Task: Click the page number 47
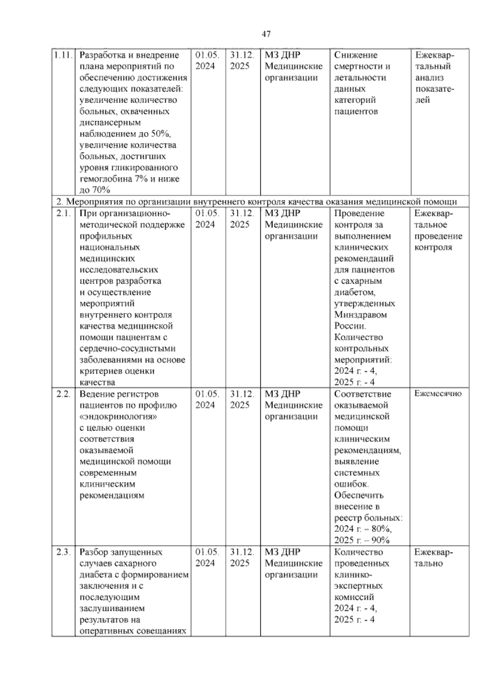point(266,34)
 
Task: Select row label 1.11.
point(63,55)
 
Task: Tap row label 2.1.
point(63,213)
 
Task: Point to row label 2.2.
point(63,394)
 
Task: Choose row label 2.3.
point(63,552)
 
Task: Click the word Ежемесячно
point(438,394)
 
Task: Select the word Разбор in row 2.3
point(94,552)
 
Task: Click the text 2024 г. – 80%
point(362,529)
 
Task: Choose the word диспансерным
point(110,123)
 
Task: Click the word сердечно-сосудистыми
point(128,349)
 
